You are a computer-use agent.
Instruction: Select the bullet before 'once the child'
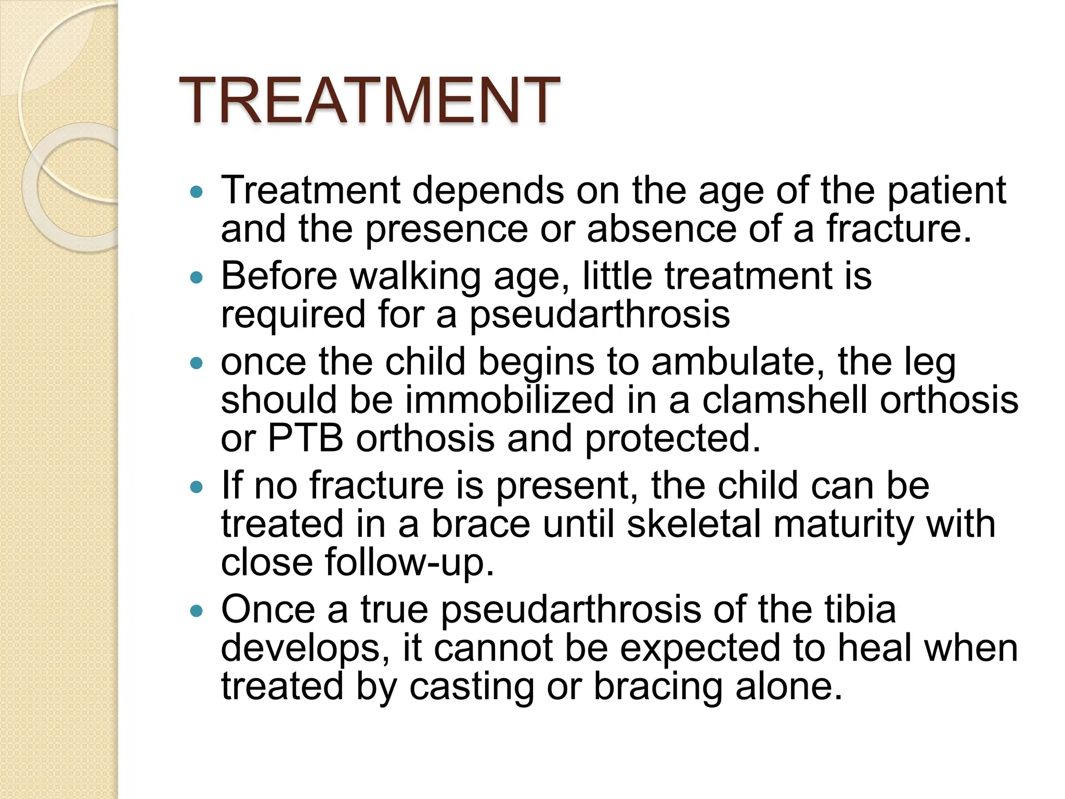(197, 364)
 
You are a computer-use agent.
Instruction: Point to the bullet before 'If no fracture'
(197, 487)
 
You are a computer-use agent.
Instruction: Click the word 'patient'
(946, 191)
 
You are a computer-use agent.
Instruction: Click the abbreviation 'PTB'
(305, 439)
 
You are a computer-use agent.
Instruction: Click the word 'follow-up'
(409, 563)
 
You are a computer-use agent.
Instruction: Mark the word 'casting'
(472, 687)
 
